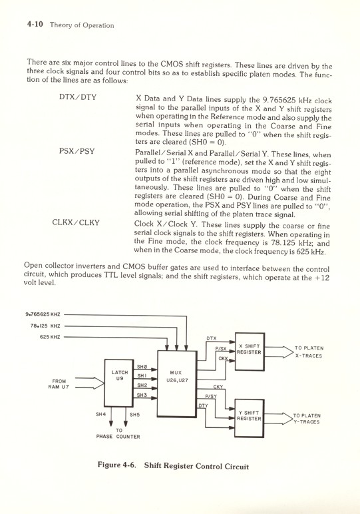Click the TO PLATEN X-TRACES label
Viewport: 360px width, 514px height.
pos(307,352)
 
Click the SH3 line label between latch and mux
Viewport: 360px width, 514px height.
pos(141,396)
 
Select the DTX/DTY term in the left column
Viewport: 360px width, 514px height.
pos(78,98)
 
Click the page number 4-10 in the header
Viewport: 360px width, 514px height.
pos(34,25)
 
